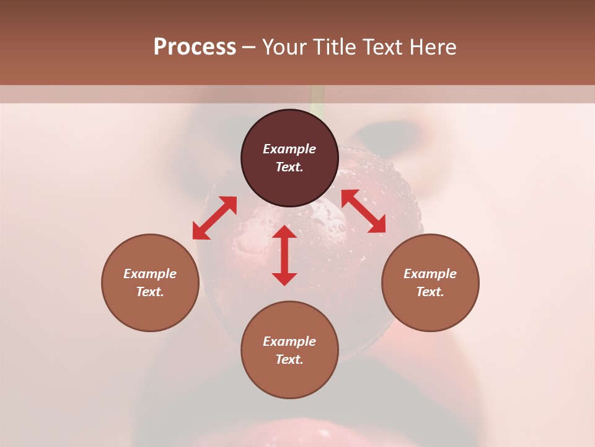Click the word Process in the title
[195, 47]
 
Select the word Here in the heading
[432, 47]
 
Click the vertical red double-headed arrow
[284, 255]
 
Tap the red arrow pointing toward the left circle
[214, 218]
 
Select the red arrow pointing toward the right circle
[364, 211]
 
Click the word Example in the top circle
[289, 149]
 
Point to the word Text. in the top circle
[289, 167]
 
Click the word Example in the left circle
[150, 274]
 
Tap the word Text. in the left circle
[150, 292]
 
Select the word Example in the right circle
[430, 274]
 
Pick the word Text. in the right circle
[430, 292]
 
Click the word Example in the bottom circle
[289, 341]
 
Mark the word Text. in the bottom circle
[289, 359]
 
